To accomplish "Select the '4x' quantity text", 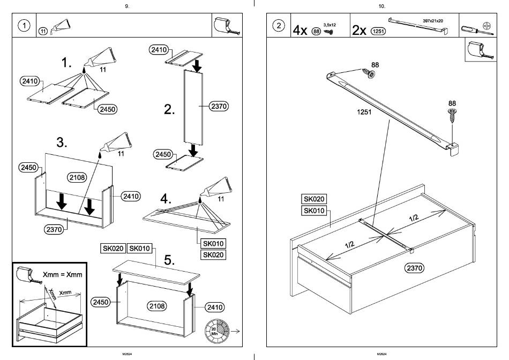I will click(x=300, y=30).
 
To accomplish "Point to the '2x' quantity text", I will click(x=360, y=30).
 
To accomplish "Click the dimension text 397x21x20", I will click(x=432, y=20).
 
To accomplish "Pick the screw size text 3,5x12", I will click(x=328, y=24).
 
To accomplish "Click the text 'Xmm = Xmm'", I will click(x=62, y=275).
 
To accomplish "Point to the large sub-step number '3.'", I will click(x=62, y=142).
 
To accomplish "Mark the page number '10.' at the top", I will click(x=381, y=6).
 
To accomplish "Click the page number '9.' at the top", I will click(x=126, y=6).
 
